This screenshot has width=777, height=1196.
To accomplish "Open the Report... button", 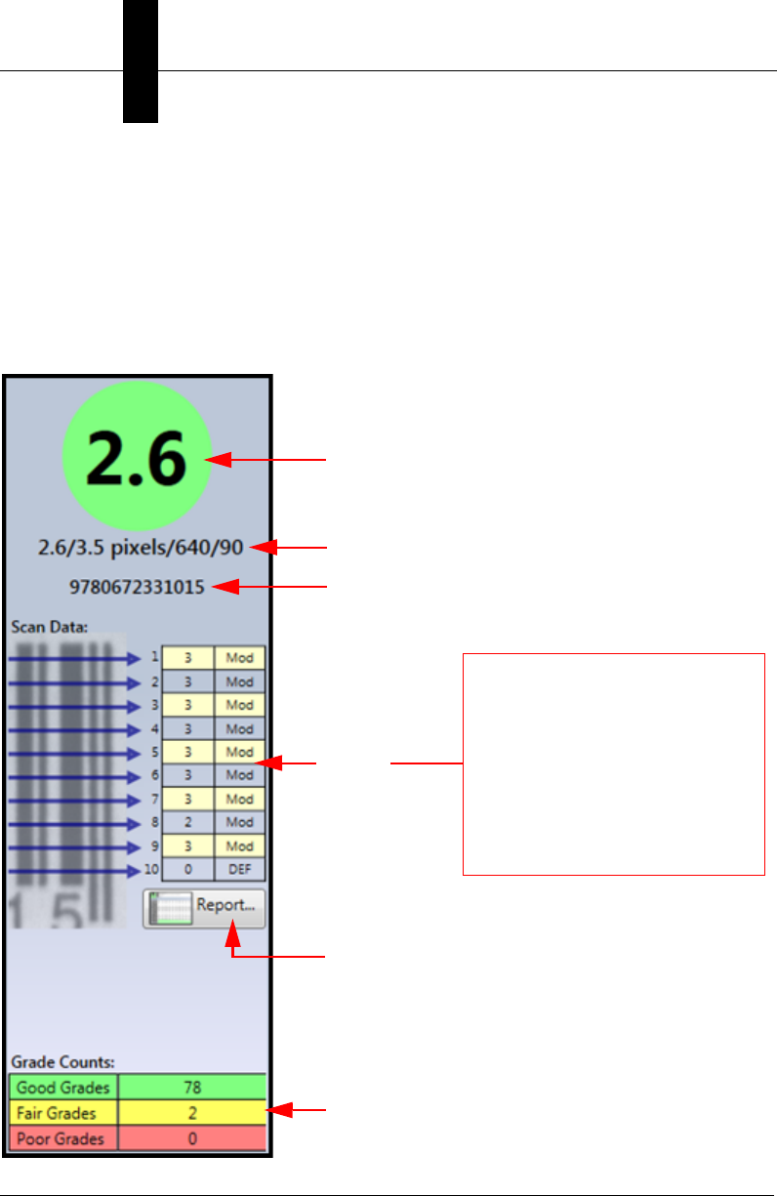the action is (204, 906).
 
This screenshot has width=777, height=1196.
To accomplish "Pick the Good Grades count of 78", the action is (191, 1087).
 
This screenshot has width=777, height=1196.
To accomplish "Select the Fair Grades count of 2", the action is (191, 1112).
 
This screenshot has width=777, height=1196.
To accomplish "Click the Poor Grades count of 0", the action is (191, 1137).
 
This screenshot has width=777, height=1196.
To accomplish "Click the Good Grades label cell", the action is (63, 1087).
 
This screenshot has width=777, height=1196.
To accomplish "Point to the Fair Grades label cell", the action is (63, 1112).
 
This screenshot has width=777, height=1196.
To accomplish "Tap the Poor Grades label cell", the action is (63, 1137).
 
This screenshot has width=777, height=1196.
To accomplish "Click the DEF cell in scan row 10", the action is (239, 870).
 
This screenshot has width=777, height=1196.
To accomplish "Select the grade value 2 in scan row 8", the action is (187, 823).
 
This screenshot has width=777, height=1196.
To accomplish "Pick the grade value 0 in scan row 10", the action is (187, 870).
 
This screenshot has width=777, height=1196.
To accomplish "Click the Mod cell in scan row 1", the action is (239, 658).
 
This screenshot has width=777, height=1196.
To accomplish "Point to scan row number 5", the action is (154, 753).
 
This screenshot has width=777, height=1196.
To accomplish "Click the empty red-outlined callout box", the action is (613, 764).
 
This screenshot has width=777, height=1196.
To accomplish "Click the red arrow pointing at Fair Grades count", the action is (298, 1110).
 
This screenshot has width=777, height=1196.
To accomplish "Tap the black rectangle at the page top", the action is (141, 61).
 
